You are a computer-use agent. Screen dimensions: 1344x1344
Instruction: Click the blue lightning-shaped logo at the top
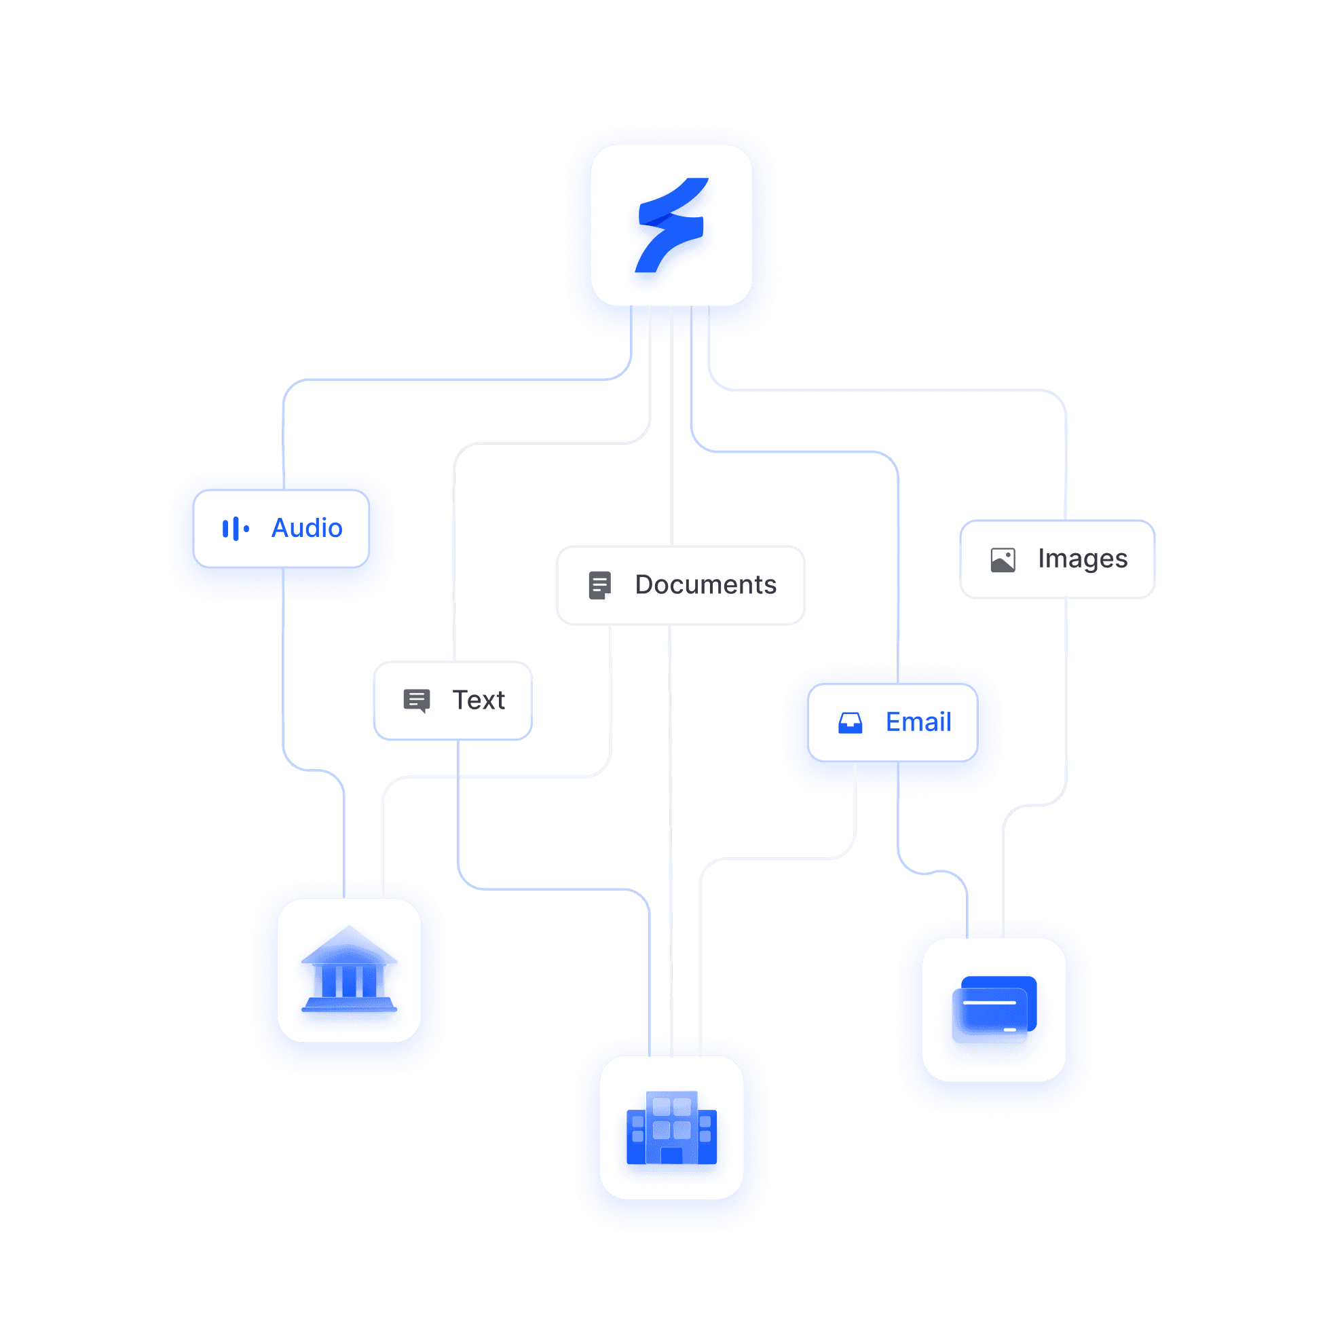(671, 225)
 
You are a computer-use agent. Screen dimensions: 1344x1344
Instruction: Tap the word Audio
(307, 528)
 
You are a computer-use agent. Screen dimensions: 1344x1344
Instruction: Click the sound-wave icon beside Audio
(235, 529)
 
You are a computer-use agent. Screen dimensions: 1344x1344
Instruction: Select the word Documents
(705, 584)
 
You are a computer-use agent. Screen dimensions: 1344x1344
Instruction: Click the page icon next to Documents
(599, 585)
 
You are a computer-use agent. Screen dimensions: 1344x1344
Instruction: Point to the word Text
(479, 700)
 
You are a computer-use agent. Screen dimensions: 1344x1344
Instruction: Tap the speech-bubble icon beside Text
(416, 700)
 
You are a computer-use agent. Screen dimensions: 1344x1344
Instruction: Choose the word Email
(918, 722)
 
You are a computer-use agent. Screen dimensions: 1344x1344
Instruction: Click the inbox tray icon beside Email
(850, 723)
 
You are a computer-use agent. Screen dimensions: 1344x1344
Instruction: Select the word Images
(1083, 559)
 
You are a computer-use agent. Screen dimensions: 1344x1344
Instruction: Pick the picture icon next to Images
(1003, 560)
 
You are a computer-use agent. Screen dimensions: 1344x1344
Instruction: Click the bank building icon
(349, 970)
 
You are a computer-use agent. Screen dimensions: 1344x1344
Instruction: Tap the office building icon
(671, 1127)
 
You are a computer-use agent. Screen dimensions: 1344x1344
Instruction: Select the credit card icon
(994, 1009)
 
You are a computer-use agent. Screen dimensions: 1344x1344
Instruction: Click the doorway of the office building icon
(671, 1155)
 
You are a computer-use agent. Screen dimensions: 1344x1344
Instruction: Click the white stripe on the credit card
(989, 1003)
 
